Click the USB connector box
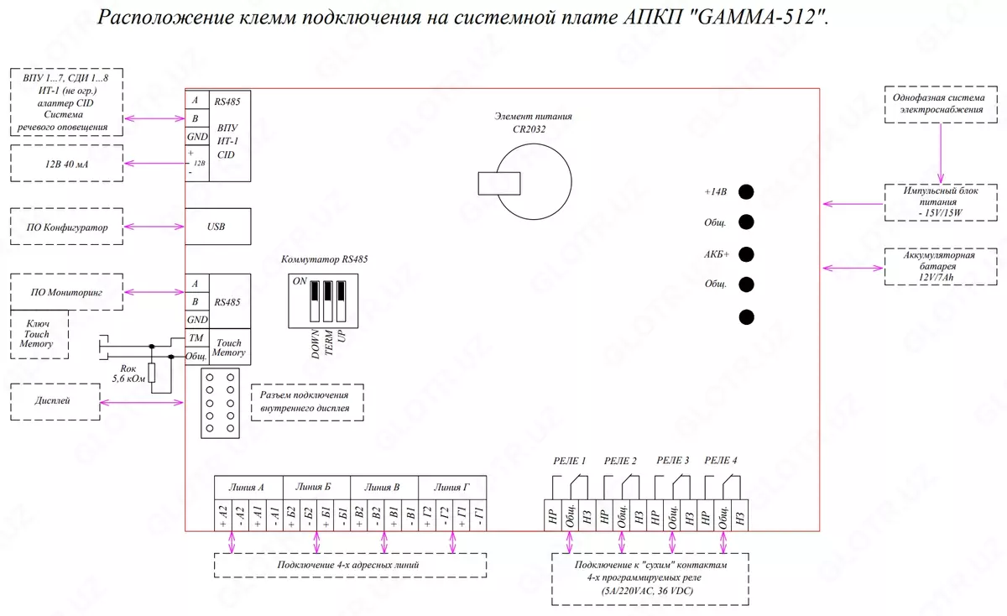pyautogui.click(x=217, y=227)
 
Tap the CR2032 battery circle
pyautogui.click(x=532, y=180)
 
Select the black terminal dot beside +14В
pyautogui.click(x=745, y=192)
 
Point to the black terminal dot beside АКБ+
pyautogui.click(x=745, y=254)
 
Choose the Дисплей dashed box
pyautogui.click(x=54, y=402)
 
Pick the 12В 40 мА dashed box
pyautogui.click(x=65, y=163)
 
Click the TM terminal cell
pyautogui.click(x=196, y=337)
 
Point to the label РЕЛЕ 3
pyautogui.click(x=673, y=460)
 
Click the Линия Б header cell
pyautogui.click(x=314, y=487)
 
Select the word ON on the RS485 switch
pyautogui.click(x=300, y=281)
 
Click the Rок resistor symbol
pyautogui.click(x=152, y=374)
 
